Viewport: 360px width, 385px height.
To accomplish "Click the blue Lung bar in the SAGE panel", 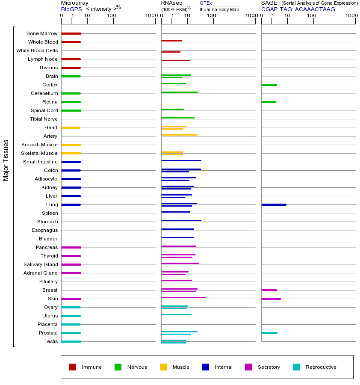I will [x=274, y=204].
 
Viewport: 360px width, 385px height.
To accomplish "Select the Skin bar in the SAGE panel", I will [x=271, y=299].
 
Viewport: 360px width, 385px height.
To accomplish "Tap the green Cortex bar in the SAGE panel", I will [x=269, y=85].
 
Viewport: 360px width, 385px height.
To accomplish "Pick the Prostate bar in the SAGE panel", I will [x=269, y=333].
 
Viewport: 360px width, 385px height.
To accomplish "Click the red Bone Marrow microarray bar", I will [x=71, y=33].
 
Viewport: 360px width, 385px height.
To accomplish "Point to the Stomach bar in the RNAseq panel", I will [x=181, y=220].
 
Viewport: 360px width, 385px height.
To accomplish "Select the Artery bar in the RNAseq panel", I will [x=179, y=135].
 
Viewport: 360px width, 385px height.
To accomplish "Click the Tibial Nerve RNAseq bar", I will [x=178, y=118].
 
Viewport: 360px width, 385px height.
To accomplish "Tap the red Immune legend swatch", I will [x=73, y=367].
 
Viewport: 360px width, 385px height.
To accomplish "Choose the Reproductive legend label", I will [x=321, y=367].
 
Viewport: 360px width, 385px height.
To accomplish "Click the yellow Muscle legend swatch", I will [x=163, y=367].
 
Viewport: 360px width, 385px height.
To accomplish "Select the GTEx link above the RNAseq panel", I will [x=206, y=3].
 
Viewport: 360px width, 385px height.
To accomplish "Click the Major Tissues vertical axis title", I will [x=6, y=160].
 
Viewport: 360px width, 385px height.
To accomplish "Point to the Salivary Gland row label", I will [x=41, y=264].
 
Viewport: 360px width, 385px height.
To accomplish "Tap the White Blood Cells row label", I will [x=37, y=50].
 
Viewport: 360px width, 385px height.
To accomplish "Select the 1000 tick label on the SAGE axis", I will [x=351, y=16].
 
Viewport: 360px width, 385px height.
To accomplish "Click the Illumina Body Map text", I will [x=219, y=9].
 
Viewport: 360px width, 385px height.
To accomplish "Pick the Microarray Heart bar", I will [x=71, y=127].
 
